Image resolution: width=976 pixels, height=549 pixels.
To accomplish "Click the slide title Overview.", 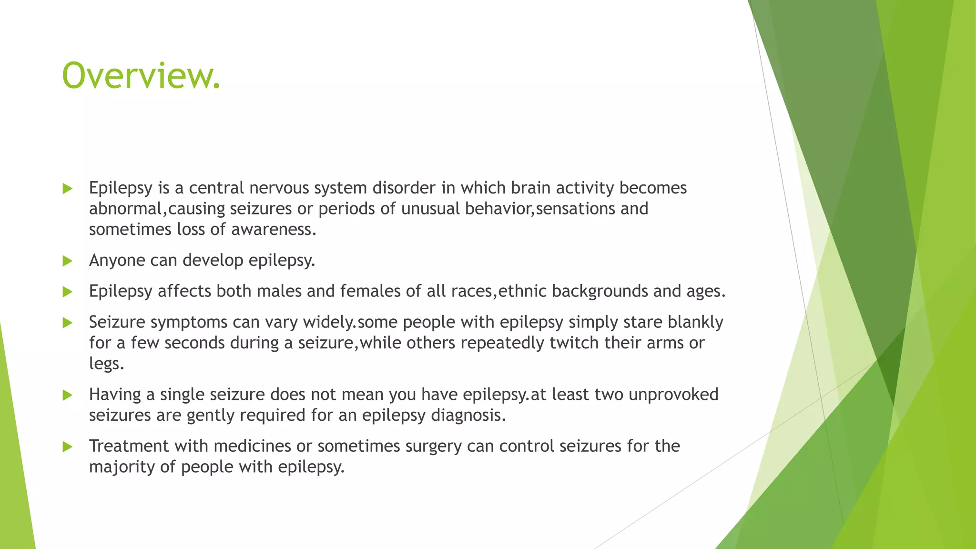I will tap(141, 76).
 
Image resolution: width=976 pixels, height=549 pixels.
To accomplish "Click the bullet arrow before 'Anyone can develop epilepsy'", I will tap(67, 261).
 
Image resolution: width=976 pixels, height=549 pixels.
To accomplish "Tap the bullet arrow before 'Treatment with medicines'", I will tap(67, 447).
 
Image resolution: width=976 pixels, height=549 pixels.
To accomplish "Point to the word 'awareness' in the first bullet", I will tap(273, 230).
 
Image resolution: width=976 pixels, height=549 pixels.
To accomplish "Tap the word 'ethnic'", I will tap(522, 291).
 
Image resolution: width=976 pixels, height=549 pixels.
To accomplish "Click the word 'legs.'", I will tap(106, 364).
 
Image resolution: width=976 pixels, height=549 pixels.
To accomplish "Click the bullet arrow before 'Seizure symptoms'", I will tap(67, 323).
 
